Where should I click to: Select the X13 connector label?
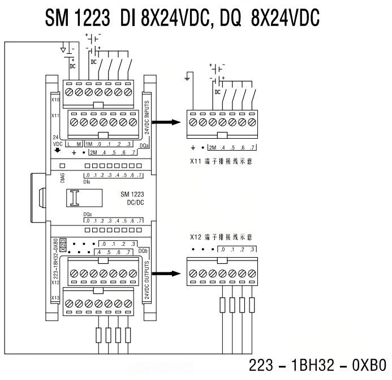click(55, 297)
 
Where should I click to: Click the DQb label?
click(144, 250)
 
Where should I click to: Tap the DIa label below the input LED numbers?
click(87, 182)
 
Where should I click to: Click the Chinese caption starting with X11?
click(221, 161)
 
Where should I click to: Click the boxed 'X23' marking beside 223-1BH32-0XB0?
click(63, 242)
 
